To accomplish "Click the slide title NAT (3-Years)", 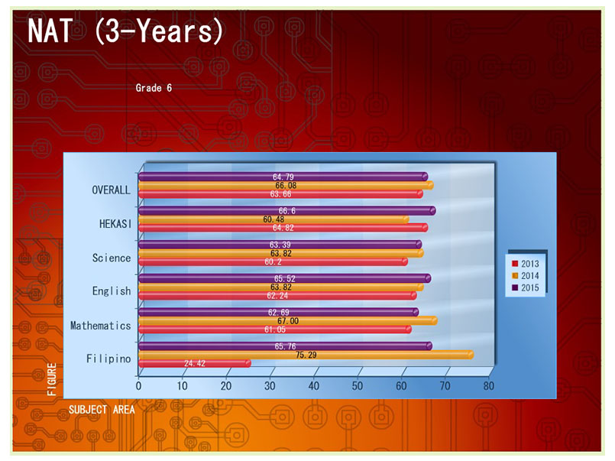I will pyautogui.click(x=125, y=31).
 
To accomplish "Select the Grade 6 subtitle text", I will pyautogui.click(x=154, y=88).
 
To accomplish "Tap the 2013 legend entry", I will pyautogui.click(x=526, y=263).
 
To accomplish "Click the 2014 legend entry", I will pyautogui.click(x=526, y=275).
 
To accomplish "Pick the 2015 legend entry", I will pyautogui.click(x=526, y=287).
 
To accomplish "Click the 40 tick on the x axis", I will pyautogui.click(x=314, y=386).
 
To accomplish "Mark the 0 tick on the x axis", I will pyautogui.click(x=138, y=386).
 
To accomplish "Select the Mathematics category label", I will pyautogui.click(x=100, y=326).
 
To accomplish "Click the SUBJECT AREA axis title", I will pyautogui.click(x=102, y=409).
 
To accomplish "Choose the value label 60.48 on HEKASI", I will pyautogui.click(x=274, y=219).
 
